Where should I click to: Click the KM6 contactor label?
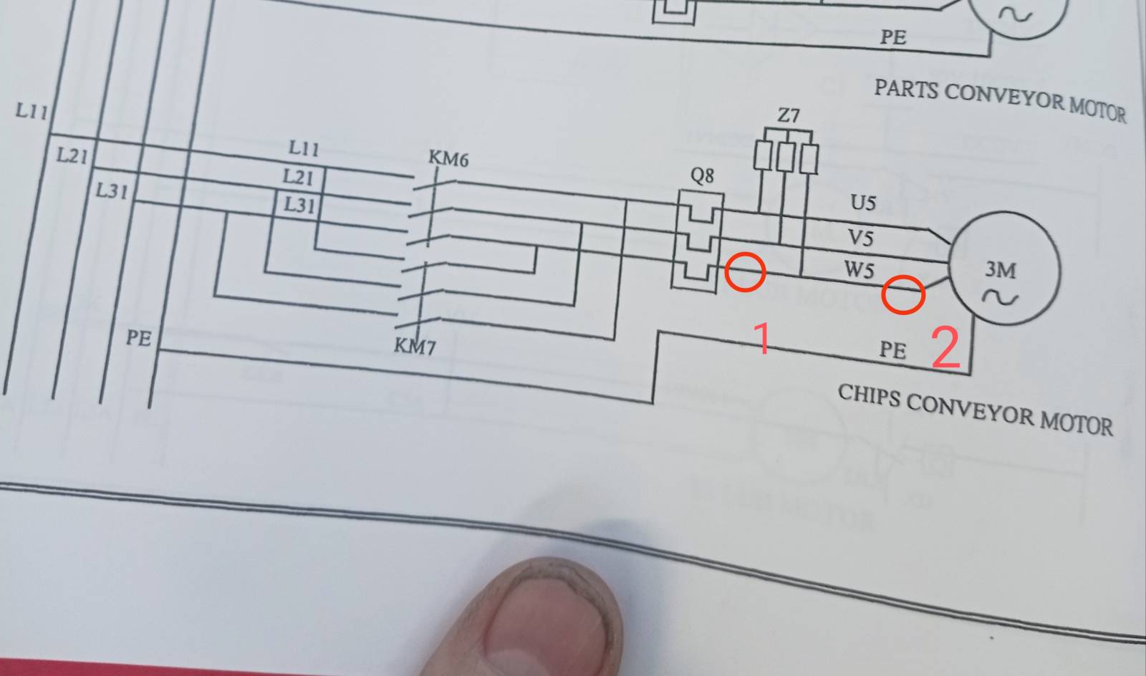click(x=448, y=159)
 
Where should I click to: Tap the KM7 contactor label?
click(x=415, y=347)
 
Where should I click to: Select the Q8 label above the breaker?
click(x=702, y=176)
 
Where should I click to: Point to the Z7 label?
click(x=789, y=115)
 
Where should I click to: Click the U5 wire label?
click(x=863, y=203)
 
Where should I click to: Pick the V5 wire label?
click(x=860, y=238)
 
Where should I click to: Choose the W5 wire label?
click(x=859, y=269)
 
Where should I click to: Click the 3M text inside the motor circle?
click(x=1001, y=269)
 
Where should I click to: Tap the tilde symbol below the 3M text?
click(x=1000, y=297)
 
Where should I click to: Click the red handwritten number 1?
click(x=762, y=338)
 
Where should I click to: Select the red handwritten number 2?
click(x=945, y=348)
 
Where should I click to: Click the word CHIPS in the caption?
click(x=869, y=396)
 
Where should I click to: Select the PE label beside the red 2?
click(x=892, y=350)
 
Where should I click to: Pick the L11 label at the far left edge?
click(x=32, y=110)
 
